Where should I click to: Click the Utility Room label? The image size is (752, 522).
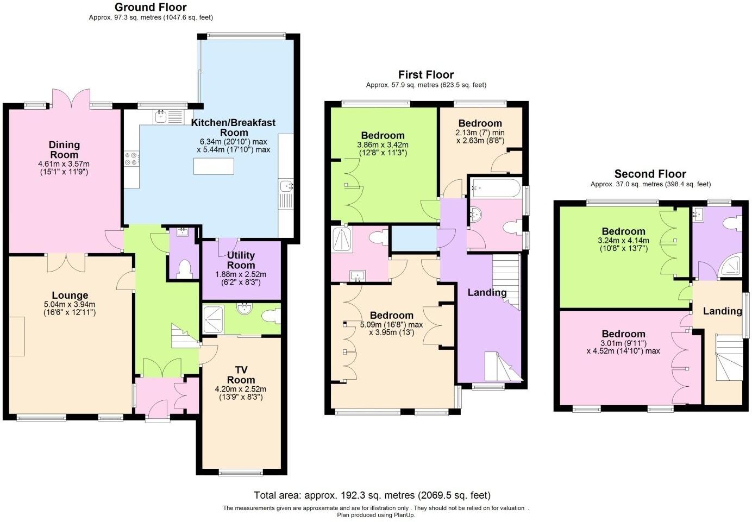pyautogui.click(x=241, y=260)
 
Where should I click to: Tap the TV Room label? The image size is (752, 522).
pyautogui.click(x=241, y=375)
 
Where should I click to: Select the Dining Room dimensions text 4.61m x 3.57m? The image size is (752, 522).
pyautogui.click(x=64, y=164)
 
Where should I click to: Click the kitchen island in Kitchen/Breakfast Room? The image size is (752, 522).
pyautogui.click(x=214, y=166)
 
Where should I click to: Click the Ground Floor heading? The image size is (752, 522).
pyautogui.click(x=151, y=7)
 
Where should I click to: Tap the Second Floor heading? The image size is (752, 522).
pyautogui.click(x=650, y=174)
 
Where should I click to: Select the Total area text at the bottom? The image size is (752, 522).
pyautogui.click(x=372, y=495)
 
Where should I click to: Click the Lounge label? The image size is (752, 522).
pyautogui.click(x=70, y=295)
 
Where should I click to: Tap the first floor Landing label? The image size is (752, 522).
pyautogui.click(x=487, y=292)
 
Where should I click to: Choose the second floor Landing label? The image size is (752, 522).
pyautogui.click(x=722, y=311)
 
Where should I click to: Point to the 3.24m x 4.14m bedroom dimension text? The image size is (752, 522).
pyautogui.click(x=623, y=240)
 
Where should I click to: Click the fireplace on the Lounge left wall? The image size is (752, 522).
pyautogui.click(x=16, y=336)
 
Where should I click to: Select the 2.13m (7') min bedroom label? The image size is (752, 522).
pyautogui.click(x=480, y=132)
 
